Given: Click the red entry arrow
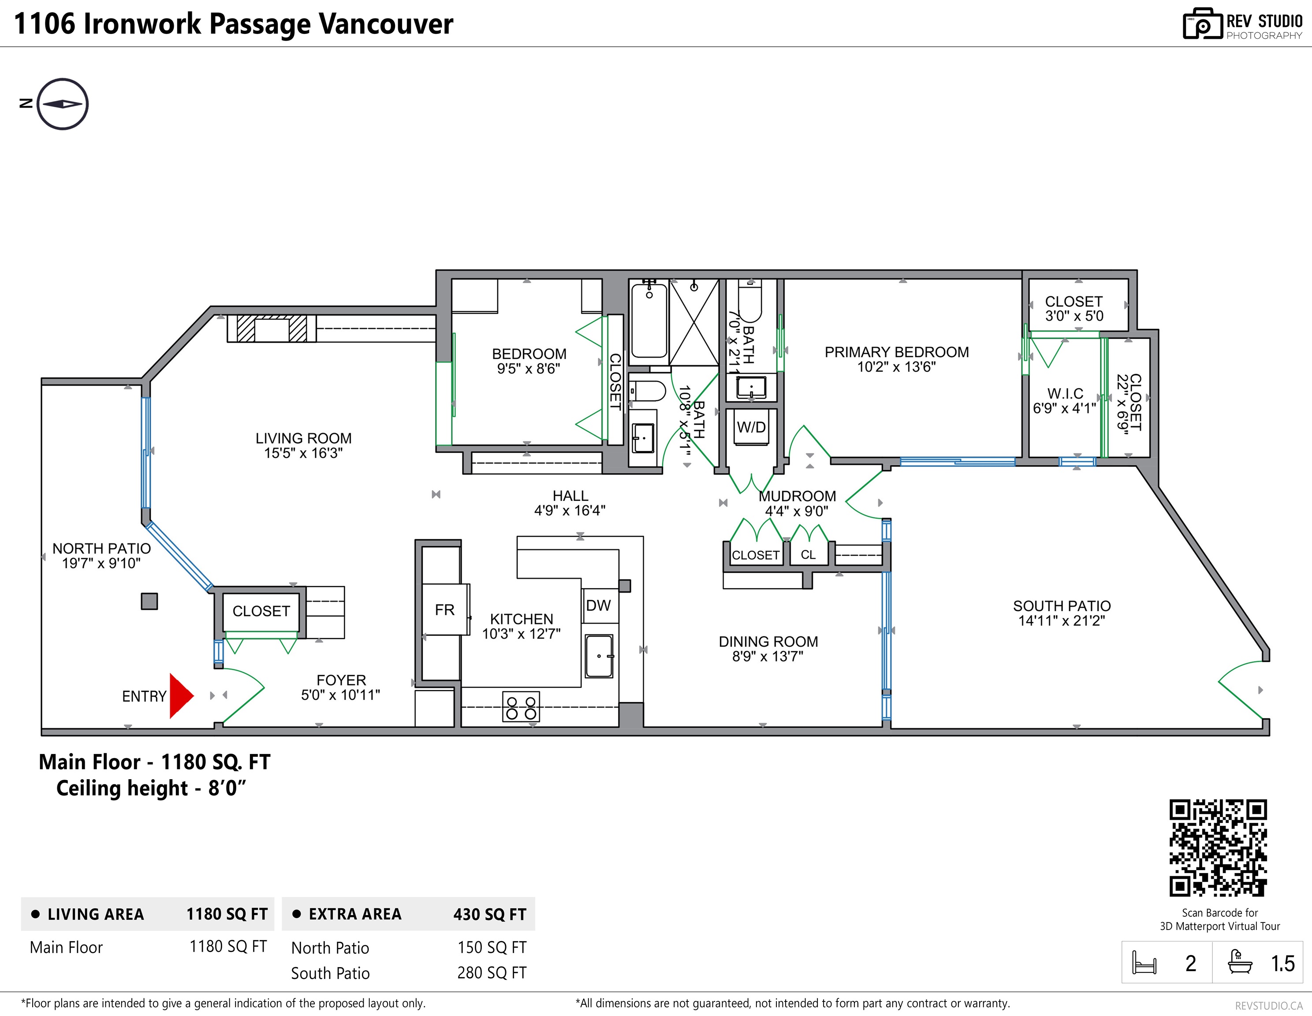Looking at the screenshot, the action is click(180, 696).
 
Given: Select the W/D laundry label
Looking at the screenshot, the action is click(752, 427).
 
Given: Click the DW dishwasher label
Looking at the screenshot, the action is click(598, 605).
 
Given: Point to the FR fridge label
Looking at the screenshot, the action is click(444, 610).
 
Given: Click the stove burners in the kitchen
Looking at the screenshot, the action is click(521, 707).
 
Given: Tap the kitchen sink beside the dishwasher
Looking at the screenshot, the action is click(599, 656).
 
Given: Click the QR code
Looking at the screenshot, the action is click(1218, 848).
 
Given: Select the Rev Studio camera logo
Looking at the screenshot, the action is click(1203, 25).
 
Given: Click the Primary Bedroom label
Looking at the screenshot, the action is click(896, 352).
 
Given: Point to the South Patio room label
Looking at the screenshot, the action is click(1062, 606).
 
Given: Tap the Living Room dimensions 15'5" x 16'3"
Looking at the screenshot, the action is click(303, 453).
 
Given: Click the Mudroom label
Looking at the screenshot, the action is click(797, 496).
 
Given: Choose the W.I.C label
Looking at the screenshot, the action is click(1065, 393).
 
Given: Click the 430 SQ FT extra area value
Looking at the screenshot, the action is click(490, 915).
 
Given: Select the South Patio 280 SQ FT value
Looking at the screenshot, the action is click(492, 973).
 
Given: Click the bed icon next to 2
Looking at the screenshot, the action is click(1144, 963).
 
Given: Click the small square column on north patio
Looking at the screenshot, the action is click(149, 601).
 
